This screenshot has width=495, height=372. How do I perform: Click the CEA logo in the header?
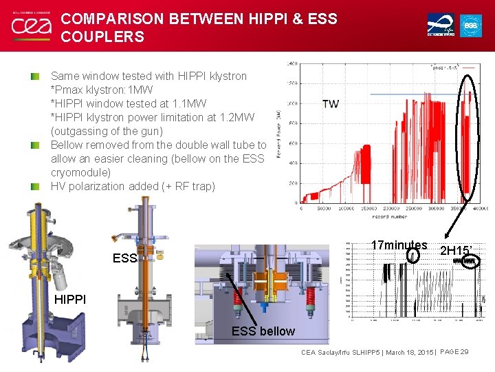tap(30, 26)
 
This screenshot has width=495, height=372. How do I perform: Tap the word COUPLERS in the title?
tap(102, 37)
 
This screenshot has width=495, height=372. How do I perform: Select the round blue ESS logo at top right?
tap(471, 25)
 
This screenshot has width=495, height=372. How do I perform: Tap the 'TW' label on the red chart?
tap(330, 104)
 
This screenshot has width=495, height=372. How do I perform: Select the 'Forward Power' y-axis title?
tap(279, 133)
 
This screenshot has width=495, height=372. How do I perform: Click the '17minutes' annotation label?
tap(399, 245)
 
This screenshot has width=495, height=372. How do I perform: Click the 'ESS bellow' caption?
tap(263, 331)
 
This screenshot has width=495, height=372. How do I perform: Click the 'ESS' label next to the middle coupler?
tap(124, 260)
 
